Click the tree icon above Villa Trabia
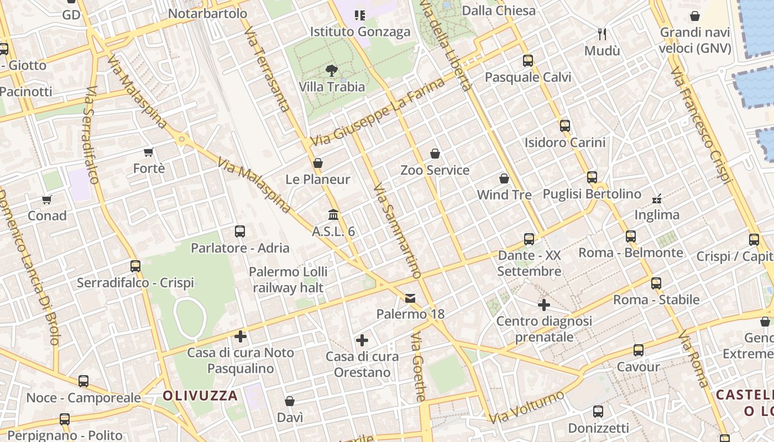332,70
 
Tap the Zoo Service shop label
435,170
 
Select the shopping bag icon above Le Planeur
318,163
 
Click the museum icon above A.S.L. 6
333,214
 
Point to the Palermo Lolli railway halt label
288,280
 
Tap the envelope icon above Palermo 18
410,298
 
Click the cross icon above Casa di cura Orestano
362,340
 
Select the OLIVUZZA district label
200,396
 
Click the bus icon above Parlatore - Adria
240,231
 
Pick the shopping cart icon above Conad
47,199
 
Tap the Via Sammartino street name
397,231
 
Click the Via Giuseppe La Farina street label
378,113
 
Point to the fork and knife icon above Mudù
602,34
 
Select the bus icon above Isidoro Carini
565,126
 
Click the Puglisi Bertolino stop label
592,194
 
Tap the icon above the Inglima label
657,198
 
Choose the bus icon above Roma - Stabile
656,283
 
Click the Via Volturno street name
526,407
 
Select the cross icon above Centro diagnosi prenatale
544,305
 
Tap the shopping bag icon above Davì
290,401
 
